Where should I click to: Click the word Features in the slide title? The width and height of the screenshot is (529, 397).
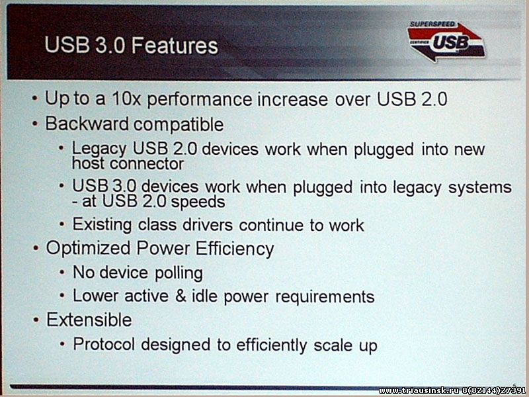175,46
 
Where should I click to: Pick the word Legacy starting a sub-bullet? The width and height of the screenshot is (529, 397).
99,150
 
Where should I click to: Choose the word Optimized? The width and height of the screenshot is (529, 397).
88,249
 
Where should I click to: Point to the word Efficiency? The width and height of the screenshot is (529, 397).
235,249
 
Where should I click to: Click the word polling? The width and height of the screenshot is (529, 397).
179,273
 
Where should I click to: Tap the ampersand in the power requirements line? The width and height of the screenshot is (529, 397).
181,296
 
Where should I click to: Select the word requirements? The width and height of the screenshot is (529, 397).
325,296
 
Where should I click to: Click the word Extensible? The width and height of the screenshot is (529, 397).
89,320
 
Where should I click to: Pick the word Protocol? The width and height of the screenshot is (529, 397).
104,344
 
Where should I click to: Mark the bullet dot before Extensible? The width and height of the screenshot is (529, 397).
36,320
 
